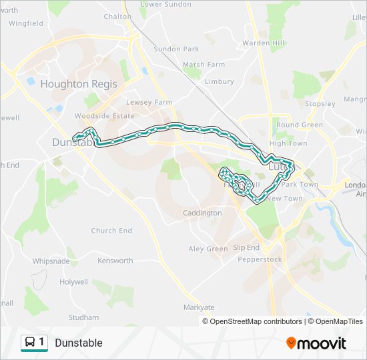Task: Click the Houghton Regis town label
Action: [x=79, y=84]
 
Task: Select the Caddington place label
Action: [x=202, y=213]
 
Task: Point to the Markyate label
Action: [x=199, y=307]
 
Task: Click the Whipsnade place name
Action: [x=50, y=261]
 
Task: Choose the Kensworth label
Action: [x=115, y=261]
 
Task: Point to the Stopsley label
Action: [x=320, y=104]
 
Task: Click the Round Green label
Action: [x=300, y=125]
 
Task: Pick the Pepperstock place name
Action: [x=260, y=259]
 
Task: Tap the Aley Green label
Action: [x=208, y=249]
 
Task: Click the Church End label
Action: [x=111, y=231]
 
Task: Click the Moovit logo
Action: [x=316, y=343]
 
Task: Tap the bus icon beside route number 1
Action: [x=30, y=343]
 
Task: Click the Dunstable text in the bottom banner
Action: [x=79, y=343]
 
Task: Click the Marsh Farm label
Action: [x=204, y=65]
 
